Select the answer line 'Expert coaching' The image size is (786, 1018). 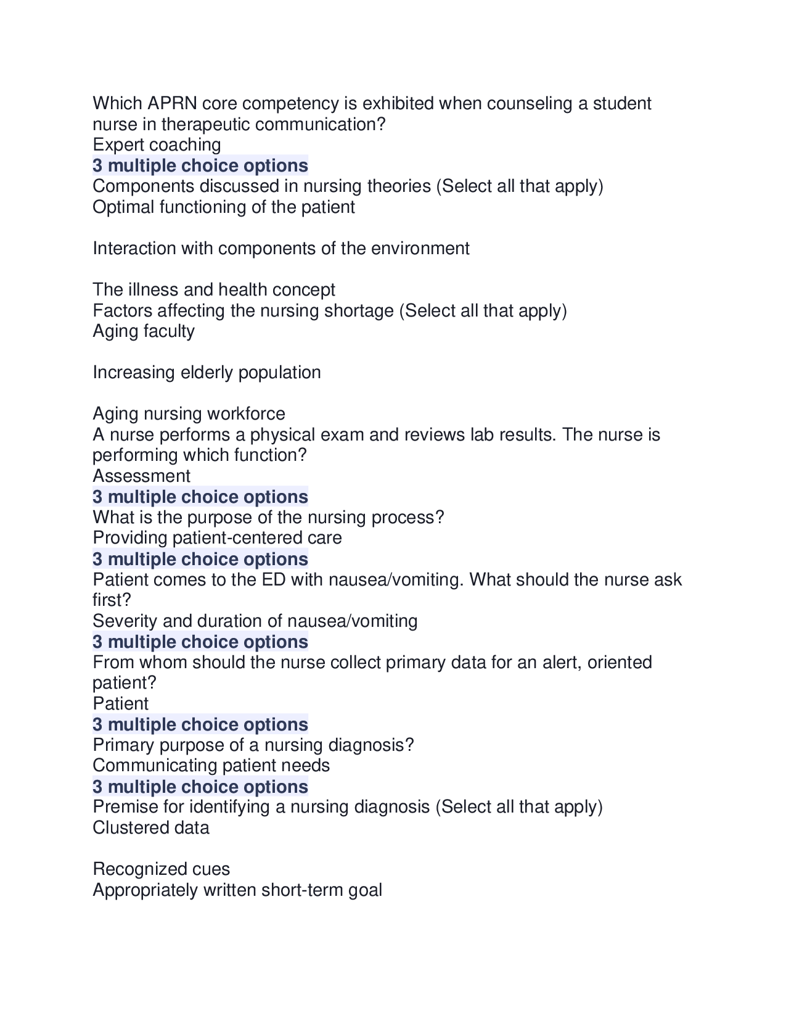pos(157,145)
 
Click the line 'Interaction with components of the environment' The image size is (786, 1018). pos(280,249)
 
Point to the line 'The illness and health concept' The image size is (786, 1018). pos(213,290)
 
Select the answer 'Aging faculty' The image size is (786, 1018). pos(143,331)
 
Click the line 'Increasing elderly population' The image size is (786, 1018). pos(207,373)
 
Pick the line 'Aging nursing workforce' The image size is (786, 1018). pos(189,414)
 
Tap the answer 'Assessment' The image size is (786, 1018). pos(141,476)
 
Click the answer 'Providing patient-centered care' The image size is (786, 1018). pos(217,538)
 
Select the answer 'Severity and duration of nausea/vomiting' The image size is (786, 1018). pos(255,621)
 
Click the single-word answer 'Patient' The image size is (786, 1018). pos(120,704)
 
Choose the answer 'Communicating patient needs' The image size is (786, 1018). pos(211,766)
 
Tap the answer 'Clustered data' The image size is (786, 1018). pos(150,828)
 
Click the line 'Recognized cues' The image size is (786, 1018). pos(161,869)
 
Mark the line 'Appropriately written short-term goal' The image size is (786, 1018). pos(237,890)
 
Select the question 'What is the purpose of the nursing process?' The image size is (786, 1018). pos(268,517)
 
